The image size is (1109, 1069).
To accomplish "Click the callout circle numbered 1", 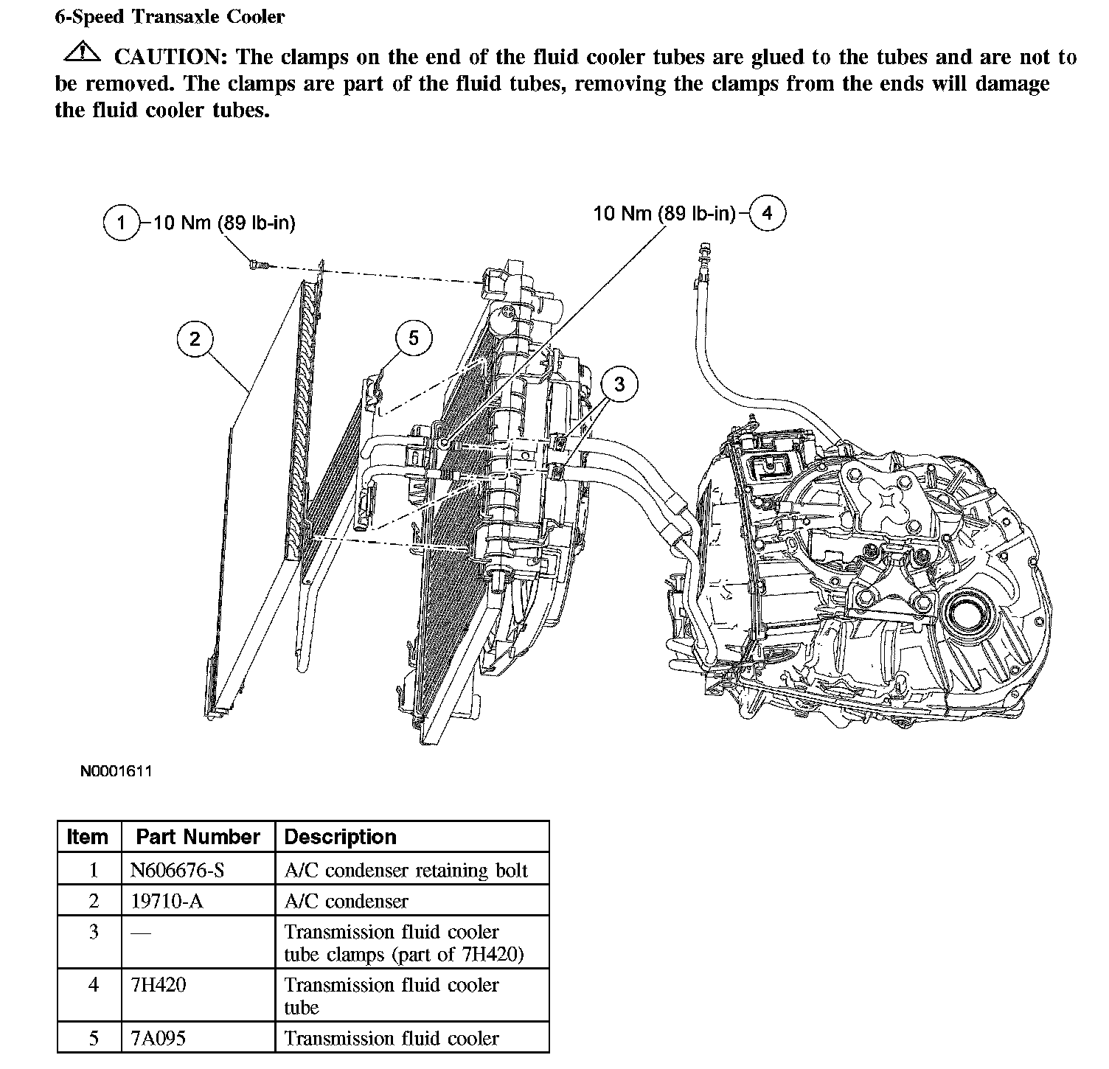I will pos(121,223).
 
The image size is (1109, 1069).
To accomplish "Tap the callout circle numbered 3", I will pos(619,384).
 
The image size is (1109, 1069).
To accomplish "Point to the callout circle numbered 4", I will pos(768,213).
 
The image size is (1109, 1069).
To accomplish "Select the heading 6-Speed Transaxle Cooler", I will pos(170,17).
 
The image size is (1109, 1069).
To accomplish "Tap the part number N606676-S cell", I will pos(177,870).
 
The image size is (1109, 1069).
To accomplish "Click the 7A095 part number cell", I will pos(158,1038).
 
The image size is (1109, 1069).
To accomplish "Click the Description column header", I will pos(340,837).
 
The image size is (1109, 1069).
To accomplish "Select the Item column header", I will pos(87,837).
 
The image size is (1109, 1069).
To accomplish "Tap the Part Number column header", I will pos(198,837).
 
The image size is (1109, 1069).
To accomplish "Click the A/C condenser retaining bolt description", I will pos(406,870).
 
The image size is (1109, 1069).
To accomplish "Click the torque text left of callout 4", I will pos(664,214).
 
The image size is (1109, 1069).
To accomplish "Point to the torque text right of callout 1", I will pos(224,223).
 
